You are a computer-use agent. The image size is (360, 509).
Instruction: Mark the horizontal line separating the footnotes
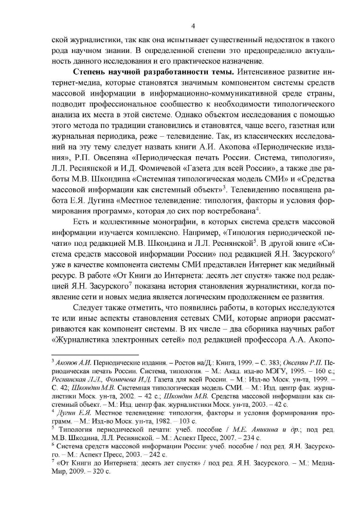(96, 354)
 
